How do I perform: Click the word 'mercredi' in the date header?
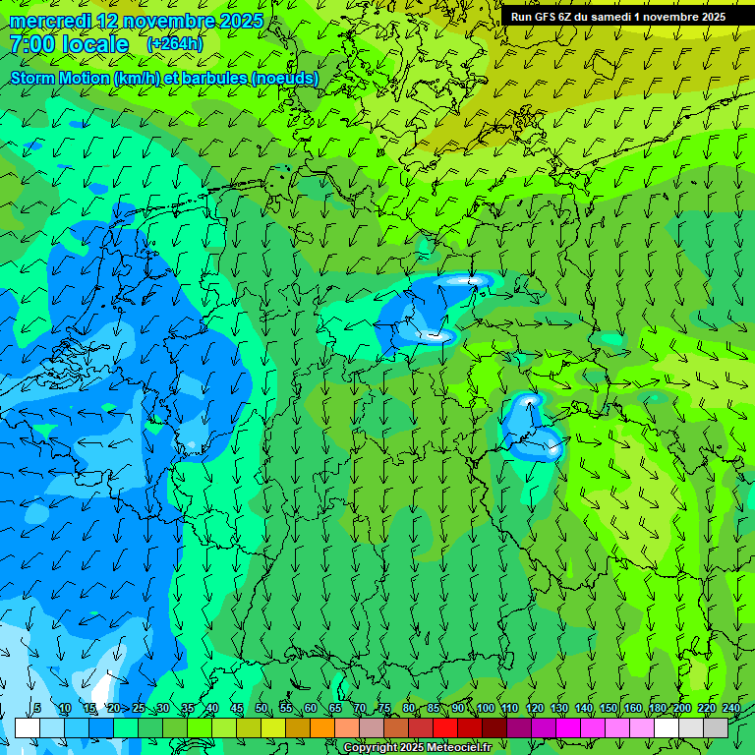[x=50, y=21]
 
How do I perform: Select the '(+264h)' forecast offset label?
[x=174, y=44]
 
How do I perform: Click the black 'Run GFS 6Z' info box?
[x=617, y=17]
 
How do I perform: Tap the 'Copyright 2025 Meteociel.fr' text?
[x=417, y=747]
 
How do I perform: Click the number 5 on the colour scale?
[x=37, y=709]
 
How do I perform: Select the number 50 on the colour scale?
[x=261, y=709]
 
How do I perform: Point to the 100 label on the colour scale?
[x=485, y=709]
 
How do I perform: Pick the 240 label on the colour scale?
[x=730, y=709]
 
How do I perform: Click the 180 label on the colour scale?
[x=657, y=709]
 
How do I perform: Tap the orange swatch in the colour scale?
[x=322, y=727]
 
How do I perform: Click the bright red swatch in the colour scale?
[x=445, y=727]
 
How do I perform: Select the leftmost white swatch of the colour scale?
[x=28, y=727]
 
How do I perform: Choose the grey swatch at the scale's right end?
[x=716, y=727]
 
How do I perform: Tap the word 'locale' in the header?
[x=94, y=44]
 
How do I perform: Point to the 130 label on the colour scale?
[x=558, y=709]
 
